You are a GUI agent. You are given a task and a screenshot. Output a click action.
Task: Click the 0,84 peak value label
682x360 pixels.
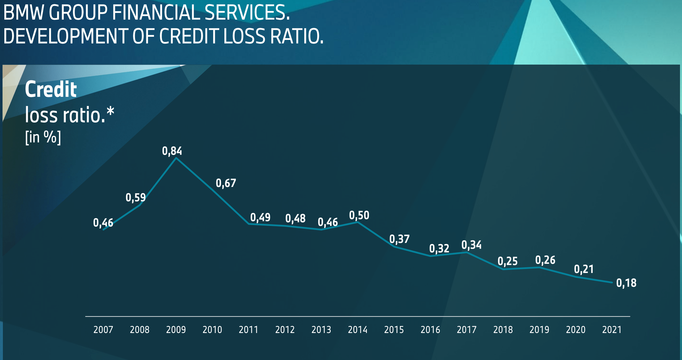[172, 151]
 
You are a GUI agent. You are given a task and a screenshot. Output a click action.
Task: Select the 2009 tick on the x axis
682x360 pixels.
[176, 330]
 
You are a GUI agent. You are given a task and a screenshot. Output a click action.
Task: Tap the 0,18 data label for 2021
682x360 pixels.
[626, 283]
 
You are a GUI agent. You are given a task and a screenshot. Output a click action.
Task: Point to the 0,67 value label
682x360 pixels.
[226, 183]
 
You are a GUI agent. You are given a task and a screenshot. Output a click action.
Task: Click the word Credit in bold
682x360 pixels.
[51, 89]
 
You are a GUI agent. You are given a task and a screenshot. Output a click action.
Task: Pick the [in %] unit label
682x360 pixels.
[43, 137]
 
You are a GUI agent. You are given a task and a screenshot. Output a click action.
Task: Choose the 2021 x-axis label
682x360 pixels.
[612, 330]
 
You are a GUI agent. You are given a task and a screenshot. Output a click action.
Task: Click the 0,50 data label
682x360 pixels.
[359, 215]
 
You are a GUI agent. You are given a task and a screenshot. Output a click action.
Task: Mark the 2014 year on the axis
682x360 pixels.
[358, 330]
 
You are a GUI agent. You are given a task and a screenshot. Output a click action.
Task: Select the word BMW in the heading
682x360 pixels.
[24, 13]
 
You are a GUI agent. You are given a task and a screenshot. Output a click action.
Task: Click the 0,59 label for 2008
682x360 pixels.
[136, 198]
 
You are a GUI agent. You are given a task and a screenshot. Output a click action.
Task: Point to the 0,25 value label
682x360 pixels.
[508, 261]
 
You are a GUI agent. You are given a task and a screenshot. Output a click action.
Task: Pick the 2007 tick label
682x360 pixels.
[103, 330]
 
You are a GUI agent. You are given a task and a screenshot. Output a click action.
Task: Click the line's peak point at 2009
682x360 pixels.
[176, 158]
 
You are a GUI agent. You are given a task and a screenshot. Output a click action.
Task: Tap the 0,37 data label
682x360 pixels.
[399, 239]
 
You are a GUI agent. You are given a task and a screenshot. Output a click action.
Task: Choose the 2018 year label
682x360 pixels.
[503, 330]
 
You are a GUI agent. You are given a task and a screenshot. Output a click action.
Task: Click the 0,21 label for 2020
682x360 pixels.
[584, 269]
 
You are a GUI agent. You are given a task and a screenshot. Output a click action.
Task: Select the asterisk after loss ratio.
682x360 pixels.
[110, 111]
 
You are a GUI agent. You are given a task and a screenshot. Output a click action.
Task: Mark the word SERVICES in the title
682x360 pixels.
[246, 13]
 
